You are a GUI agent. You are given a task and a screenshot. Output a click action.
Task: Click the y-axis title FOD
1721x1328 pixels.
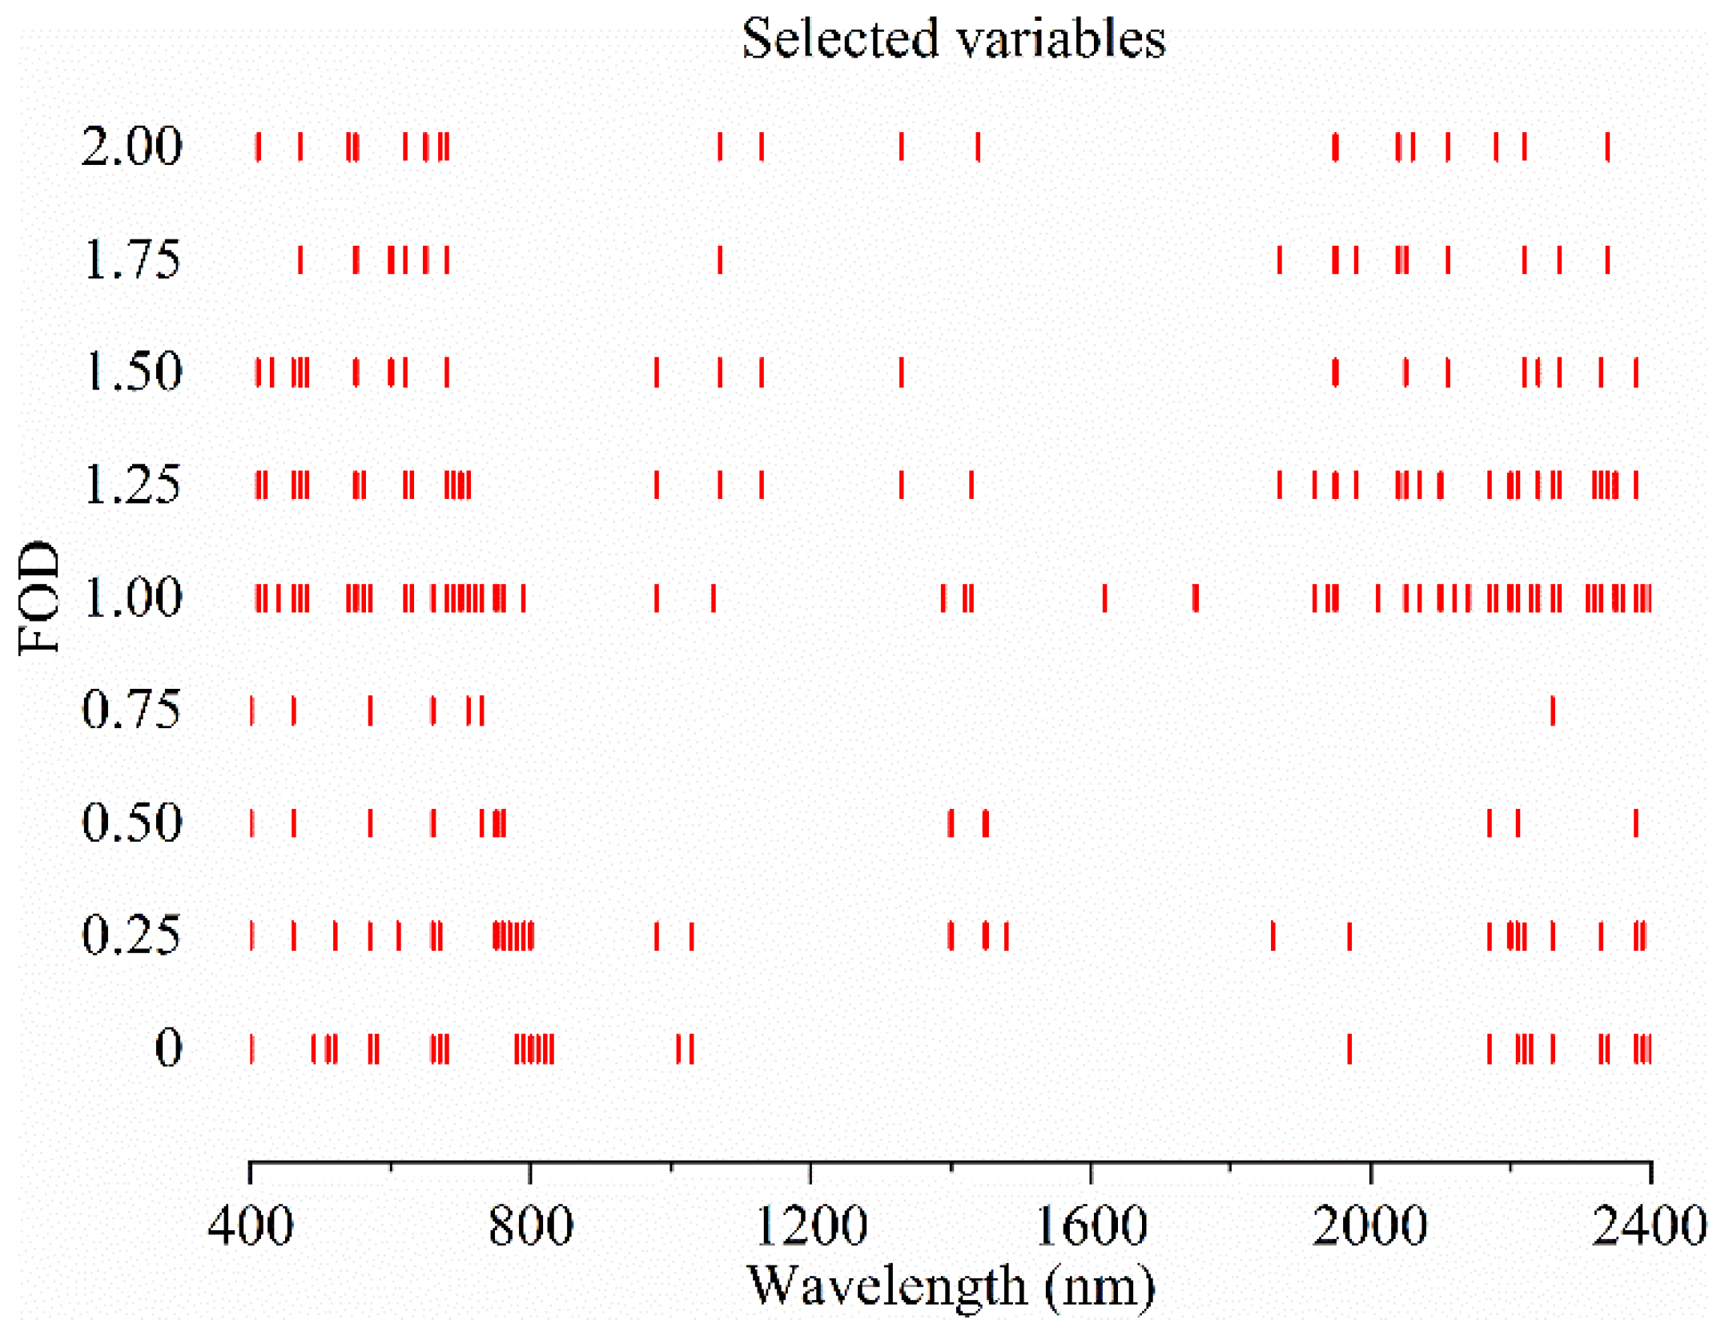(38, 598)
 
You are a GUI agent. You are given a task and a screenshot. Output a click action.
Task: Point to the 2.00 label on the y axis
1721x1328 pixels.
(132, 147)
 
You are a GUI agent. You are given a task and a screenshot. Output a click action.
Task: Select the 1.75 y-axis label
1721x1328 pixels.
(132, 260)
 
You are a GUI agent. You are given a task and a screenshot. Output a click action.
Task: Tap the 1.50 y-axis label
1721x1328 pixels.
(132, 372)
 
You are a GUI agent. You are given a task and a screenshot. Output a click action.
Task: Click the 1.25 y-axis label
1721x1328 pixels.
(132, 485)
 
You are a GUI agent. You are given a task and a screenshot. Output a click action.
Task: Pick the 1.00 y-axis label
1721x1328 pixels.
(132, 598)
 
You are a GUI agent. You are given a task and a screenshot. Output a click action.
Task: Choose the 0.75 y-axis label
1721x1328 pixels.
(132, 710)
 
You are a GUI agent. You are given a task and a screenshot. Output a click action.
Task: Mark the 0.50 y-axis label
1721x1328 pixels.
(132, 823)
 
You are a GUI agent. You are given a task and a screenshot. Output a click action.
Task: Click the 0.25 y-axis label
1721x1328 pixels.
(132, 935)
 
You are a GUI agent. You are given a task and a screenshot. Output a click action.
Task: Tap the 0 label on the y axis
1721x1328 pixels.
(168, 1048)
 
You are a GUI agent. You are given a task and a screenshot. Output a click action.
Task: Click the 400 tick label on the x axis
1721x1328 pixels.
(251, 1226)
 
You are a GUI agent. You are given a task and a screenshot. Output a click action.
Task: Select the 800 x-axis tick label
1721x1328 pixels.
(530, 1226)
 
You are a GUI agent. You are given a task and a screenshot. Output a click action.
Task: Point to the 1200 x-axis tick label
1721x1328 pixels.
(810, 1226)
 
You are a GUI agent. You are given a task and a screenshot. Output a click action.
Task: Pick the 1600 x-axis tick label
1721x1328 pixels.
(1091, 1226)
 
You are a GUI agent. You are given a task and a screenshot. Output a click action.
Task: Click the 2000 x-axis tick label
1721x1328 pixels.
(1369, 1226)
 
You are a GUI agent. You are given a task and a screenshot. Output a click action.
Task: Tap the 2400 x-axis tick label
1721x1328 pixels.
(1648, 1226)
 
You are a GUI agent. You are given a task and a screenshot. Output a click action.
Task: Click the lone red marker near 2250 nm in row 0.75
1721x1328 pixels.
(1553, 710)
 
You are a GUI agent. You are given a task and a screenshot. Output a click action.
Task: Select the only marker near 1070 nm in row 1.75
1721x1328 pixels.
(720, 260)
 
